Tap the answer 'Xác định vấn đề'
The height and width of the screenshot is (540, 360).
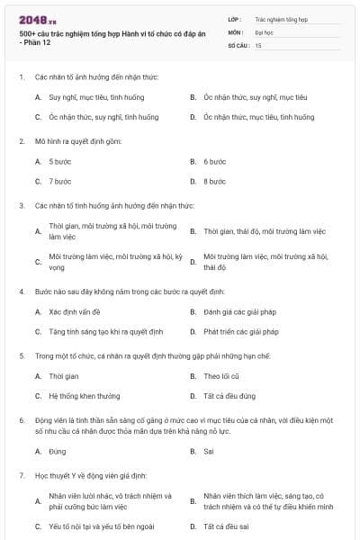(x=75, y=311)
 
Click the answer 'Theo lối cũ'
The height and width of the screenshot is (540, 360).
(x=221, y=376)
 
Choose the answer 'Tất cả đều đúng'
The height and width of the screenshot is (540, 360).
(x=229, y=396)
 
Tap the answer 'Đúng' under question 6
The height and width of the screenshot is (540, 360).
(x=59, y=451)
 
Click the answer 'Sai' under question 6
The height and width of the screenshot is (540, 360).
(x=209, y=451)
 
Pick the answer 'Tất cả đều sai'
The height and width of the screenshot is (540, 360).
(x=227, y=526)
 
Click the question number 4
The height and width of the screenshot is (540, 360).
(x=22, y=292)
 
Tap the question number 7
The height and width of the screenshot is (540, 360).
(x=22, y=474)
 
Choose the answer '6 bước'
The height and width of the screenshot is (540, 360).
(x=214, y=161)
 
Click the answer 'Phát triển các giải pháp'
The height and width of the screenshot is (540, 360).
(x=241, y=331)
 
